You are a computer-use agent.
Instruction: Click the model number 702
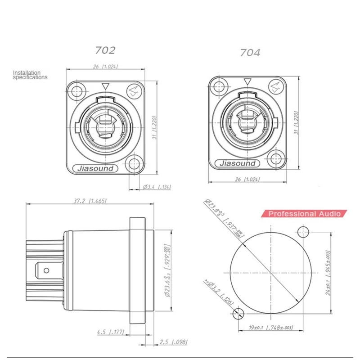(x=105, y=50)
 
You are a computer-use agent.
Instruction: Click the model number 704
(x=250, y=53)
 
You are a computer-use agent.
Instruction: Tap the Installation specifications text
(x=30, y=75)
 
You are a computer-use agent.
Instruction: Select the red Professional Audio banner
(x=304, y=214)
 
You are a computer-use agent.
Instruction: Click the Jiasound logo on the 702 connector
(x=96, y=169)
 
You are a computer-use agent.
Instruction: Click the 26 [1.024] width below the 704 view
(x=249, y=180)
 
